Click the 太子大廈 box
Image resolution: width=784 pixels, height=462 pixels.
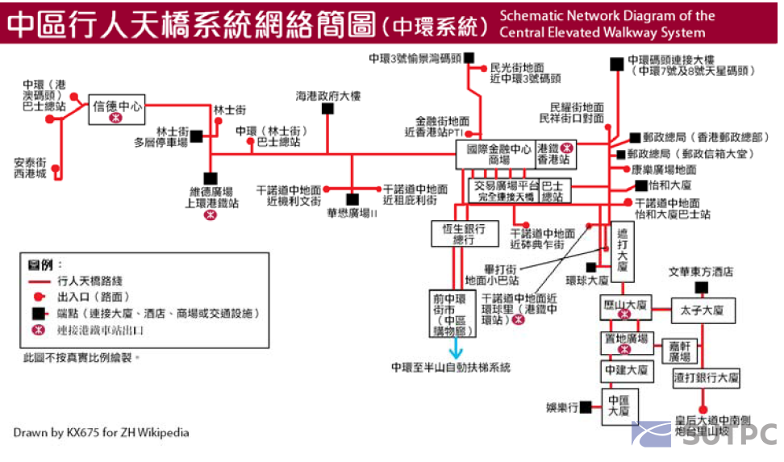(702, 310)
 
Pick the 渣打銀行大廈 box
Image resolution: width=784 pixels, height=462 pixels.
(707, 377)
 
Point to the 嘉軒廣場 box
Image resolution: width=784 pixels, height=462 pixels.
(679, 350)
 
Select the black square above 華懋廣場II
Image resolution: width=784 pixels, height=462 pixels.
(352, 198)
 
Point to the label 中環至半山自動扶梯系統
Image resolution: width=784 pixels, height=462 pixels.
(451, 367)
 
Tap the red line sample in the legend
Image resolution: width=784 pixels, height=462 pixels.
(40, 282)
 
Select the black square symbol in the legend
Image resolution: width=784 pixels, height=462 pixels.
(38, 313)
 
